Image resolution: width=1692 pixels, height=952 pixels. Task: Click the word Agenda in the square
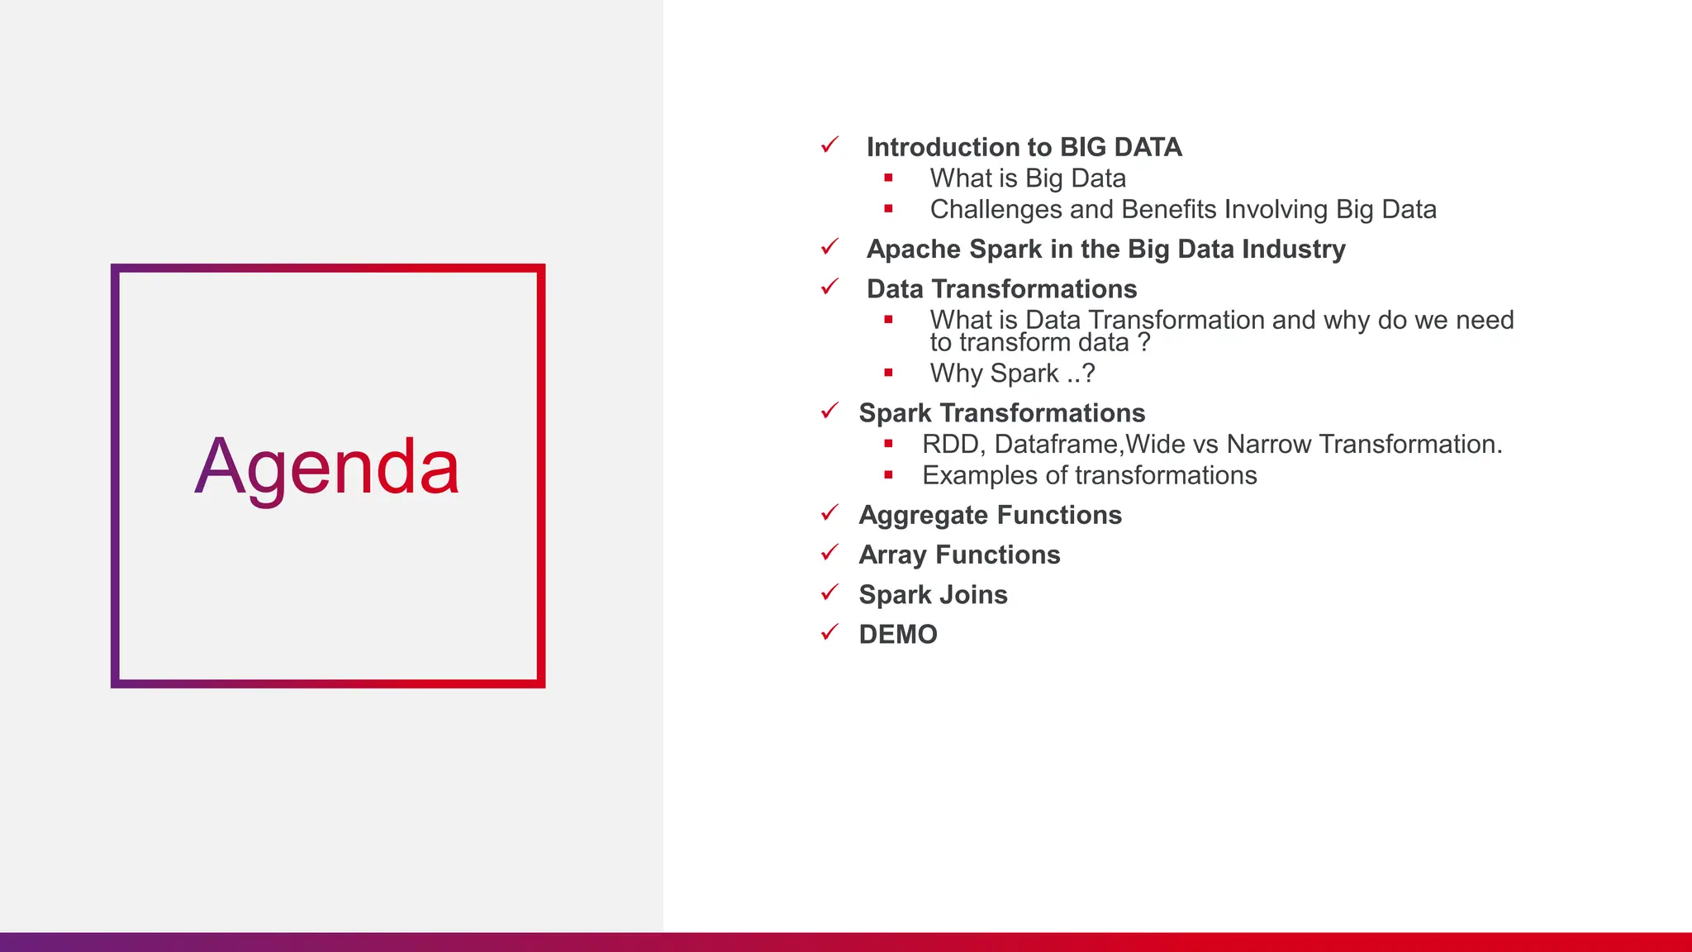click(x=327, y=469)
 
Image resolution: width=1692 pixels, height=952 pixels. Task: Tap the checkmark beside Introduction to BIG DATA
click(x=829, y=145)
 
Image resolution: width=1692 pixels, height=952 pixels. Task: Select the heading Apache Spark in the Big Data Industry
click(x=1105, y=249)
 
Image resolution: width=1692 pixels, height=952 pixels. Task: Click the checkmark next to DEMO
click(x=829, y=632)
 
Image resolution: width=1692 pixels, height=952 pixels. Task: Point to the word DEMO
click(x=898, y=635)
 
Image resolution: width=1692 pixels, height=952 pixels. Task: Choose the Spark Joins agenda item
click(x=933, y=595)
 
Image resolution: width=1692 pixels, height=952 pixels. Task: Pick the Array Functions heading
click(x=959, y=555)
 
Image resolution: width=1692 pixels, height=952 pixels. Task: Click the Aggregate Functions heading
click(x=990, y=516)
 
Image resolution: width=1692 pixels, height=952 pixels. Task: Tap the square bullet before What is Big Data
click(x=888, y=178)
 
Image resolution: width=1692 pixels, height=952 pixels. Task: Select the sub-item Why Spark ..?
click(x=1012, y=374)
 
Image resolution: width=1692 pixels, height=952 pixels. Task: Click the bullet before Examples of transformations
click(x=888, y=475)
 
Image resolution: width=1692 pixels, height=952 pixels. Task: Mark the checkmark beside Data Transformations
click(x=829, y=287)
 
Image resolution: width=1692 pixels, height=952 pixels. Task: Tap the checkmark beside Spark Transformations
click(x=829, y=411)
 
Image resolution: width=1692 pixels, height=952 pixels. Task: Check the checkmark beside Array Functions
click(x=829, y=553)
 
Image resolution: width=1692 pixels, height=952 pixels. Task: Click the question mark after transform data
click(x=1143, y=343)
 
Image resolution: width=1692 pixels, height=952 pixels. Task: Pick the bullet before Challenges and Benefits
click(x=888, y=209)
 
